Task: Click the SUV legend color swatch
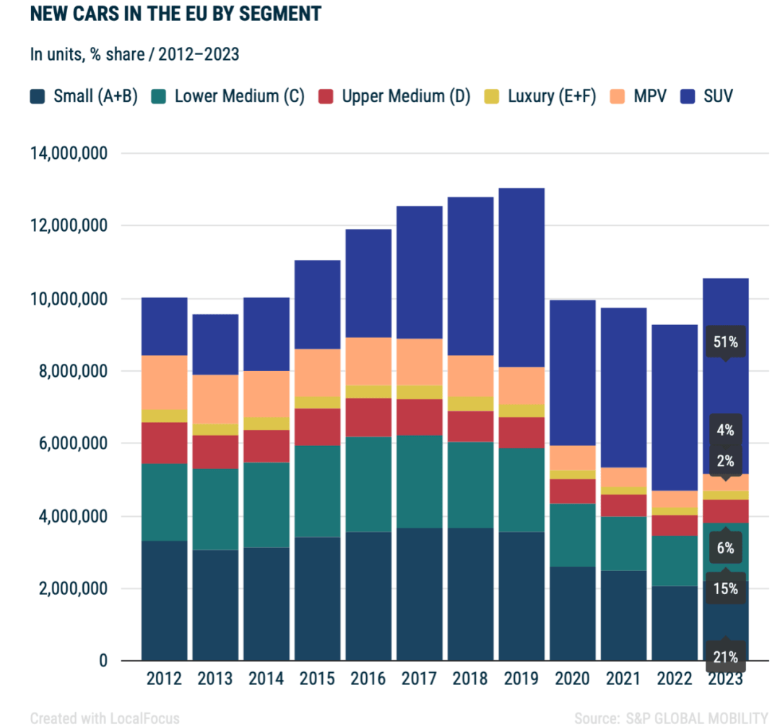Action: pos(688,95)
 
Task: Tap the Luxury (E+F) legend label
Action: pos(552,95)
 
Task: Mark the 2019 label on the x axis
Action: pos(522,679)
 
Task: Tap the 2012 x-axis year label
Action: pos(164,679)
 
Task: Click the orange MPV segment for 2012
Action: pos(164,382)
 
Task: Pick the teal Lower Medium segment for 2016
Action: pos(369,484)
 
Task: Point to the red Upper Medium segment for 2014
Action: pos(266,446)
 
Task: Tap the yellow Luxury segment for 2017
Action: pos(420,392)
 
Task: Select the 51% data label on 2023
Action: pos(726,342)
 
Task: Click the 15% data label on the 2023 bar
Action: pos(726,589)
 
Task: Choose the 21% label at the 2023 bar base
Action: pos(726,657)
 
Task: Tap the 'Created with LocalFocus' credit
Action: pos(105,718)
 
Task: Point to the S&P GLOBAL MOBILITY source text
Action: pos(693,718)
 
